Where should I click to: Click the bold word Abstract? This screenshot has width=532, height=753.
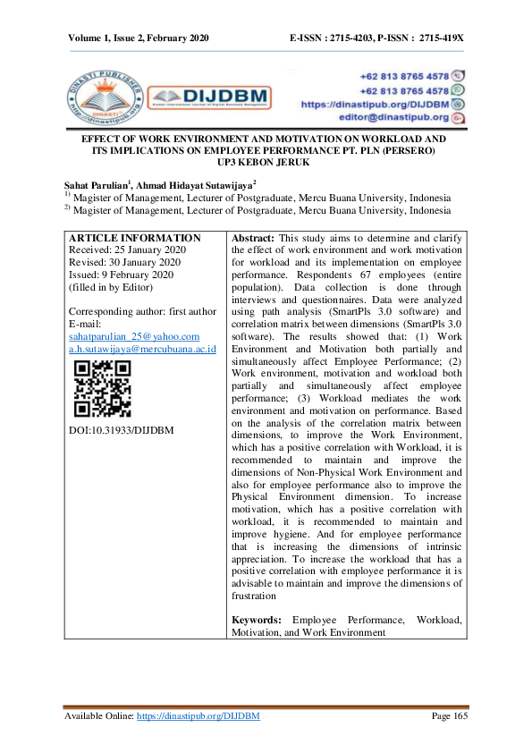pyautogui.click(x=253, y=239)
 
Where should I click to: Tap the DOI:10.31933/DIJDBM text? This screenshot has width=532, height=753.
pyautogui.click(x=121, y=430)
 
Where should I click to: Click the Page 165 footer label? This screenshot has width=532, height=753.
pyautogui.click(x=450, y=716)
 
